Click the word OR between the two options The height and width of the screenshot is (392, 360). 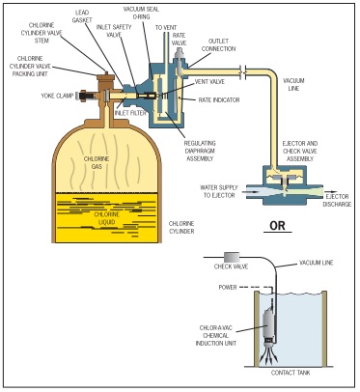click(277, 226)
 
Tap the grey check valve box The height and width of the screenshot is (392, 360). click(232, 257)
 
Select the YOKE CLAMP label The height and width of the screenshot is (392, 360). click(58, 96)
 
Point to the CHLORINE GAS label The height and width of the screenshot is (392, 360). click(97, 163)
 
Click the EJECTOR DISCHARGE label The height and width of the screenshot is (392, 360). click(337, 201)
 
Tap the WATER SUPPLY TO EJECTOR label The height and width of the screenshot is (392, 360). click(219, 191)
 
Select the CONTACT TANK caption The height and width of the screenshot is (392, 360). click(291, 373)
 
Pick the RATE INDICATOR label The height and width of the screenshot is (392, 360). click(219, 100)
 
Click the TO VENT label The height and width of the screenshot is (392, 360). click(166, 28)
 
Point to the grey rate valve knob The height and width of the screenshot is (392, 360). click(180, 55)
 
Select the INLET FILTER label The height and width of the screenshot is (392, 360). click(130, 113)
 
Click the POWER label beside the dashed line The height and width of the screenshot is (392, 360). click(228, 287)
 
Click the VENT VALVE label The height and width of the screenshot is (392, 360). click(209, 82)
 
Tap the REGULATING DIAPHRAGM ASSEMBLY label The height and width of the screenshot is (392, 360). click(200, 151)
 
